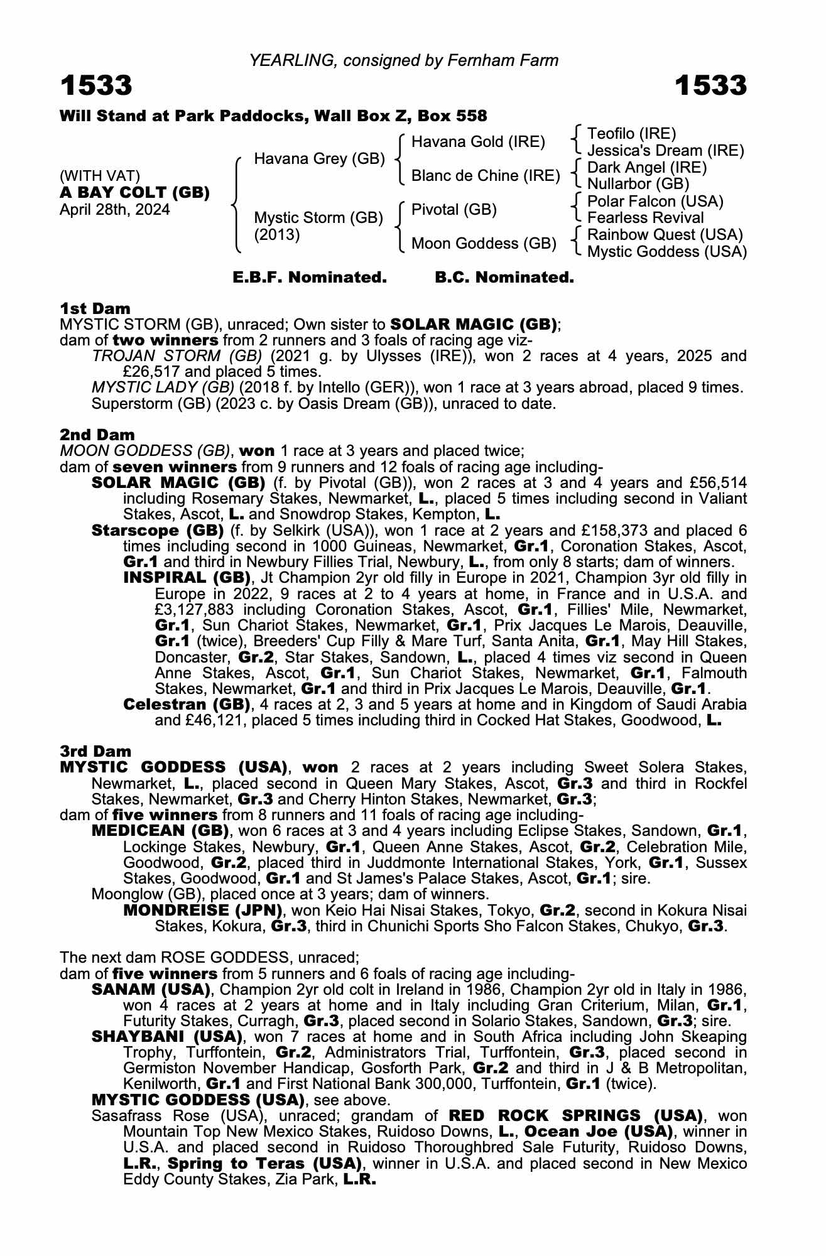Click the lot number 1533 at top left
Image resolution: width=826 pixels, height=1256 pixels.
click(x=96, y=85)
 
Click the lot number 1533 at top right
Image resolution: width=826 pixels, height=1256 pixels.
click(x=710, y=85)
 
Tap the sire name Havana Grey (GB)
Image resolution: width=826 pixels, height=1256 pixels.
click(x=319, y=159)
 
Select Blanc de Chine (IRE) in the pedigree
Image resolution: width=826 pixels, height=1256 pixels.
click(x=485, y=176)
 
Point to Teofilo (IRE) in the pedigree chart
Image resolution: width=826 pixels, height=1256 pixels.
click(x=631, y=134)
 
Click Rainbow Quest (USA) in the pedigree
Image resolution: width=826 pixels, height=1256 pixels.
click(x=665, y=235)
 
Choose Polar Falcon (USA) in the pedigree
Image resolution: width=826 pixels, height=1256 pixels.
click(x=655, y=202)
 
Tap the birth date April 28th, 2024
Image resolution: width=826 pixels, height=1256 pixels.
click(x=114, y=210)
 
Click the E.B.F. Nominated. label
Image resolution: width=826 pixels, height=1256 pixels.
click(x=309, y=278)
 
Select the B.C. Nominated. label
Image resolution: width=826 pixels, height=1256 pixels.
click(x=504, y=278)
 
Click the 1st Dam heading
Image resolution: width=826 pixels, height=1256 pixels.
click(x=95, y=308)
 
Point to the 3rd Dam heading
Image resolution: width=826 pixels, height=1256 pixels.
click(x=95, y=751)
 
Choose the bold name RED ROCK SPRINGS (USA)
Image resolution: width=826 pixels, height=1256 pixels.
click(x=575, y=1115)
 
